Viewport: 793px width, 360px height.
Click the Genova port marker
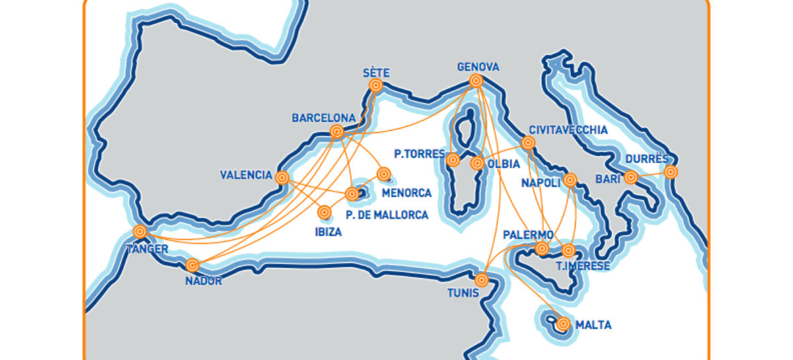(x=475, y=81)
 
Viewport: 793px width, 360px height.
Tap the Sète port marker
(x=376, y=85)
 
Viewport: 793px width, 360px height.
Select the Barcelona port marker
(x=336, y=131)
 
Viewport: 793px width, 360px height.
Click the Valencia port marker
(x=282, y=177)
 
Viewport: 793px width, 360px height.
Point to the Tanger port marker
(x=139, y=231)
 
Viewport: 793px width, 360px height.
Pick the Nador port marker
(x=192, y=265)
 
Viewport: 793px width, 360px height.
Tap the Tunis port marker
(x=482, y=280)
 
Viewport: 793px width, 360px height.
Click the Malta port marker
(x=563, y=324)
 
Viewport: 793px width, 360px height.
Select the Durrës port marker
(x=671, y=172)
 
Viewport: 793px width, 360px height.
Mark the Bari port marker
(x=631, y=176)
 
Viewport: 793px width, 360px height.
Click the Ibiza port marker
(x=324, y=212)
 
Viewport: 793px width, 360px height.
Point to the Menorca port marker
(x=383, y=174)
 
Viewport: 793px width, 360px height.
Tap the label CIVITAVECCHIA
(x=568, y=130)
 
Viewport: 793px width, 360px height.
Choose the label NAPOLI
(x=540, y=182)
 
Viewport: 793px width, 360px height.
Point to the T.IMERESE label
(x=582, y=266)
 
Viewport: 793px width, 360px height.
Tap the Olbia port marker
(x=476, y=163)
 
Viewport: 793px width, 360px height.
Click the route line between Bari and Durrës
(x=651, y=174)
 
